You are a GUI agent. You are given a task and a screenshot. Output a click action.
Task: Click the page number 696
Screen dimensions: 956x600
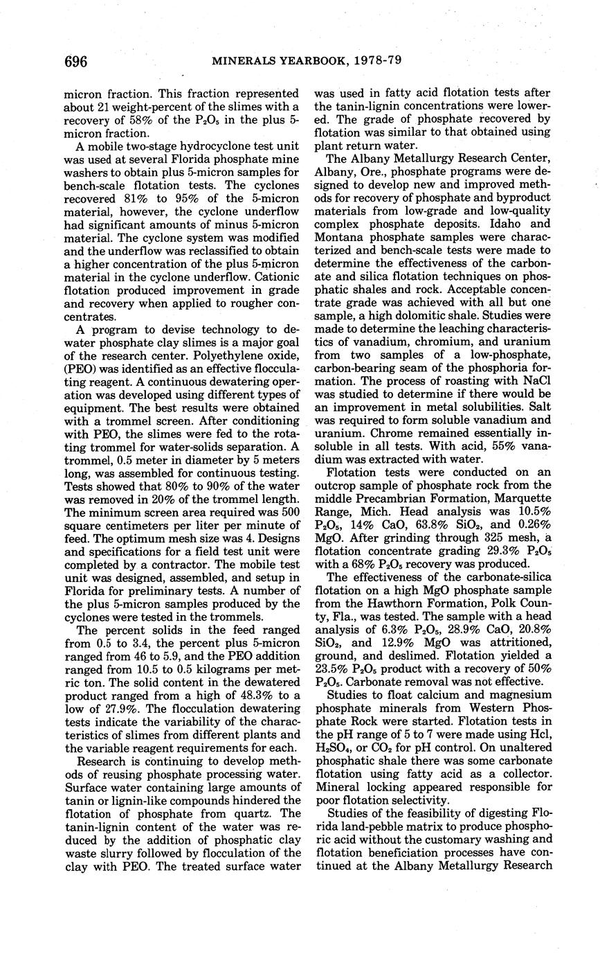click(x=75, y=62)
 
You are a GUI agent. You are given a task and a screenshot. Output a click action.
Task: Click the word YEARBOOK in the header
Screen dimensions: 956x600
click(x=304, y=61)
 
